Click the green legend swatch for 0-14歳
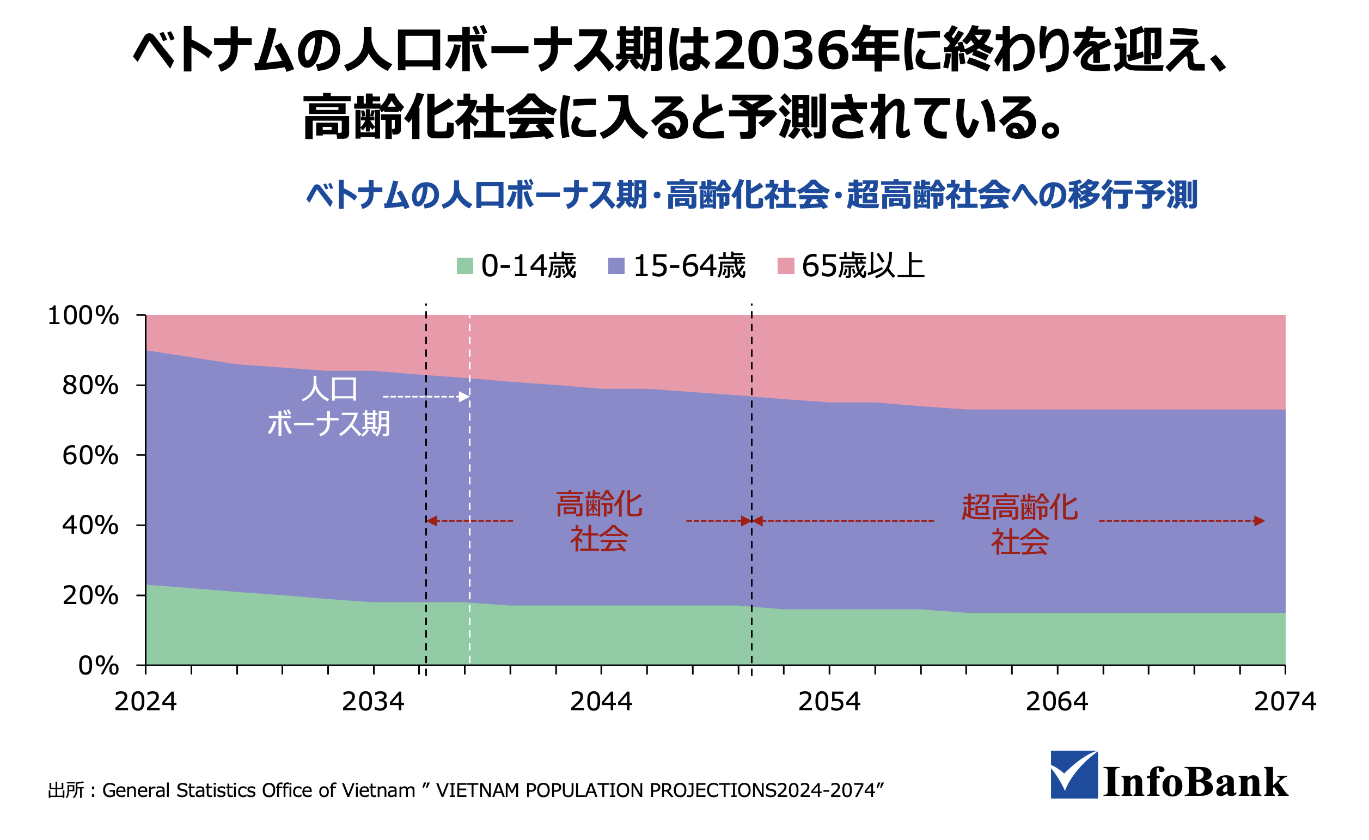[465, 266]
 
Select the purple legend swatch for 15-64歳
[616, 266]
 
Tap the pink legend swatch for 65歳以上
[786, 266]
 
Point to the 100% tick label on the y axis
[83, 316]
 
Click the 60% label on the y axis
[90, 456]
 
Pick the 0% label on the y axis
[99, 666]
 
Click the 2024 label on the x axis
[145, 702]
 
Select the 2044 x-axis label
[601, 702]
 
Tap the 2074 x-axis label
[1285, 702]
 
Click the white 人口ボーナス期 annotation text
[329, 407]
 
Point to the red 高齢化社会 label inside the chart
[599, 521]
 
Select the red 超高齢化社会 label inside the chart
[1020, 524]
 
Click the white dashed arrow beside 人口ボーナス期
[426, 397]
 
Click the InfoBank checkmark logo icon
[1073, 775]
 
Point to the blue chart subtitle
[751, 195]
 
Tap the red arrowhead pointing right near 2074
[1260, 521]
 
